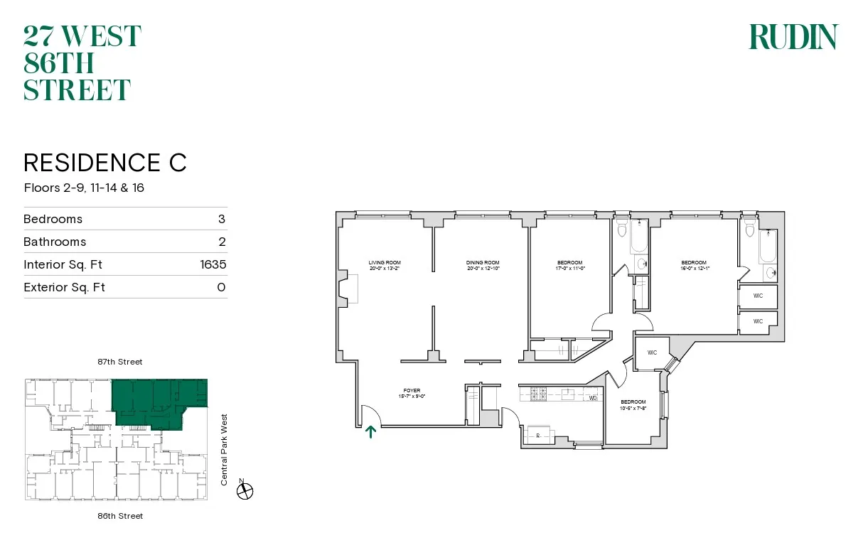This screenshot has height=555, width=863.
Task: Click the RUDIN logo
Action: pyautogui.click(x=793, y=37)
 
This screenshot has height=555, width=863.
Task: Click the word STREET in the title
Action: pyautogui.click(x=77, y=90)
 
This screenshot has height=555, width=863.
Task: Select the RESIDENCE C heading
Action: pyautogui.click(x=105, y=162)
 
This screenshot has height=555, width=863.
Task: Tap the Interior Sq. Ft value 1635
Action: pyautogui.click(x=213, y=264)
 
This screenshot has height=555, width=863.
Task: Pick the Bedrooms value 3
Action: pyautogui.click(x=222, y=219)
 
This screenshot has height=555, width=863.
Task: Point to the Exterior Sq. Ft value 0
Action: pyautogui.click(x=221, y=287)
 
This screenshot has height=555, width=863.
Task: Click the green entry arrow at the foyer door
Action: pyautogui.click(x=370, y=432)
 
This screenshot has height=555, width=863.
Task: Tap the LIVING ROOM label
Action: pyautogui.click(x=385, y=265)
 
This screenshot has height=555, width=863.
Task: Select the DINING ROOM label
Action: pyautogui.click(x=483, y=265)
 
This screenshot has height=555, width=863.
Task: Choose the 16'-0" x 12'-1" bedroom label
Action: pyautogui.click(x=693, y=265)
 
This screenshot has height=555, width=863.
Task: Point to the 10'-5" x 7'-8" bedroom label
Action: pyautogui.click(x=633, y=404)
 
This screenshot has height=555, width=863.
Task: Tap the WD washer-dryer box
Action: pyautogui.click(x=593, y=398)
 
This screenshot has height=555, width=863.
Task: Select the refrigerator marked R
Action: pyautogui.click(x=537, y=436)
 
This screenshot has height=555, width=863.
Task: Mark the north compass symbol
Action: pyautogui.click(x=246, y=490)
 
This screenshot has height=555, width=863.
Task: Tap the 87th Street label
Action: pyautogui.click(x=119, y=362)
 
